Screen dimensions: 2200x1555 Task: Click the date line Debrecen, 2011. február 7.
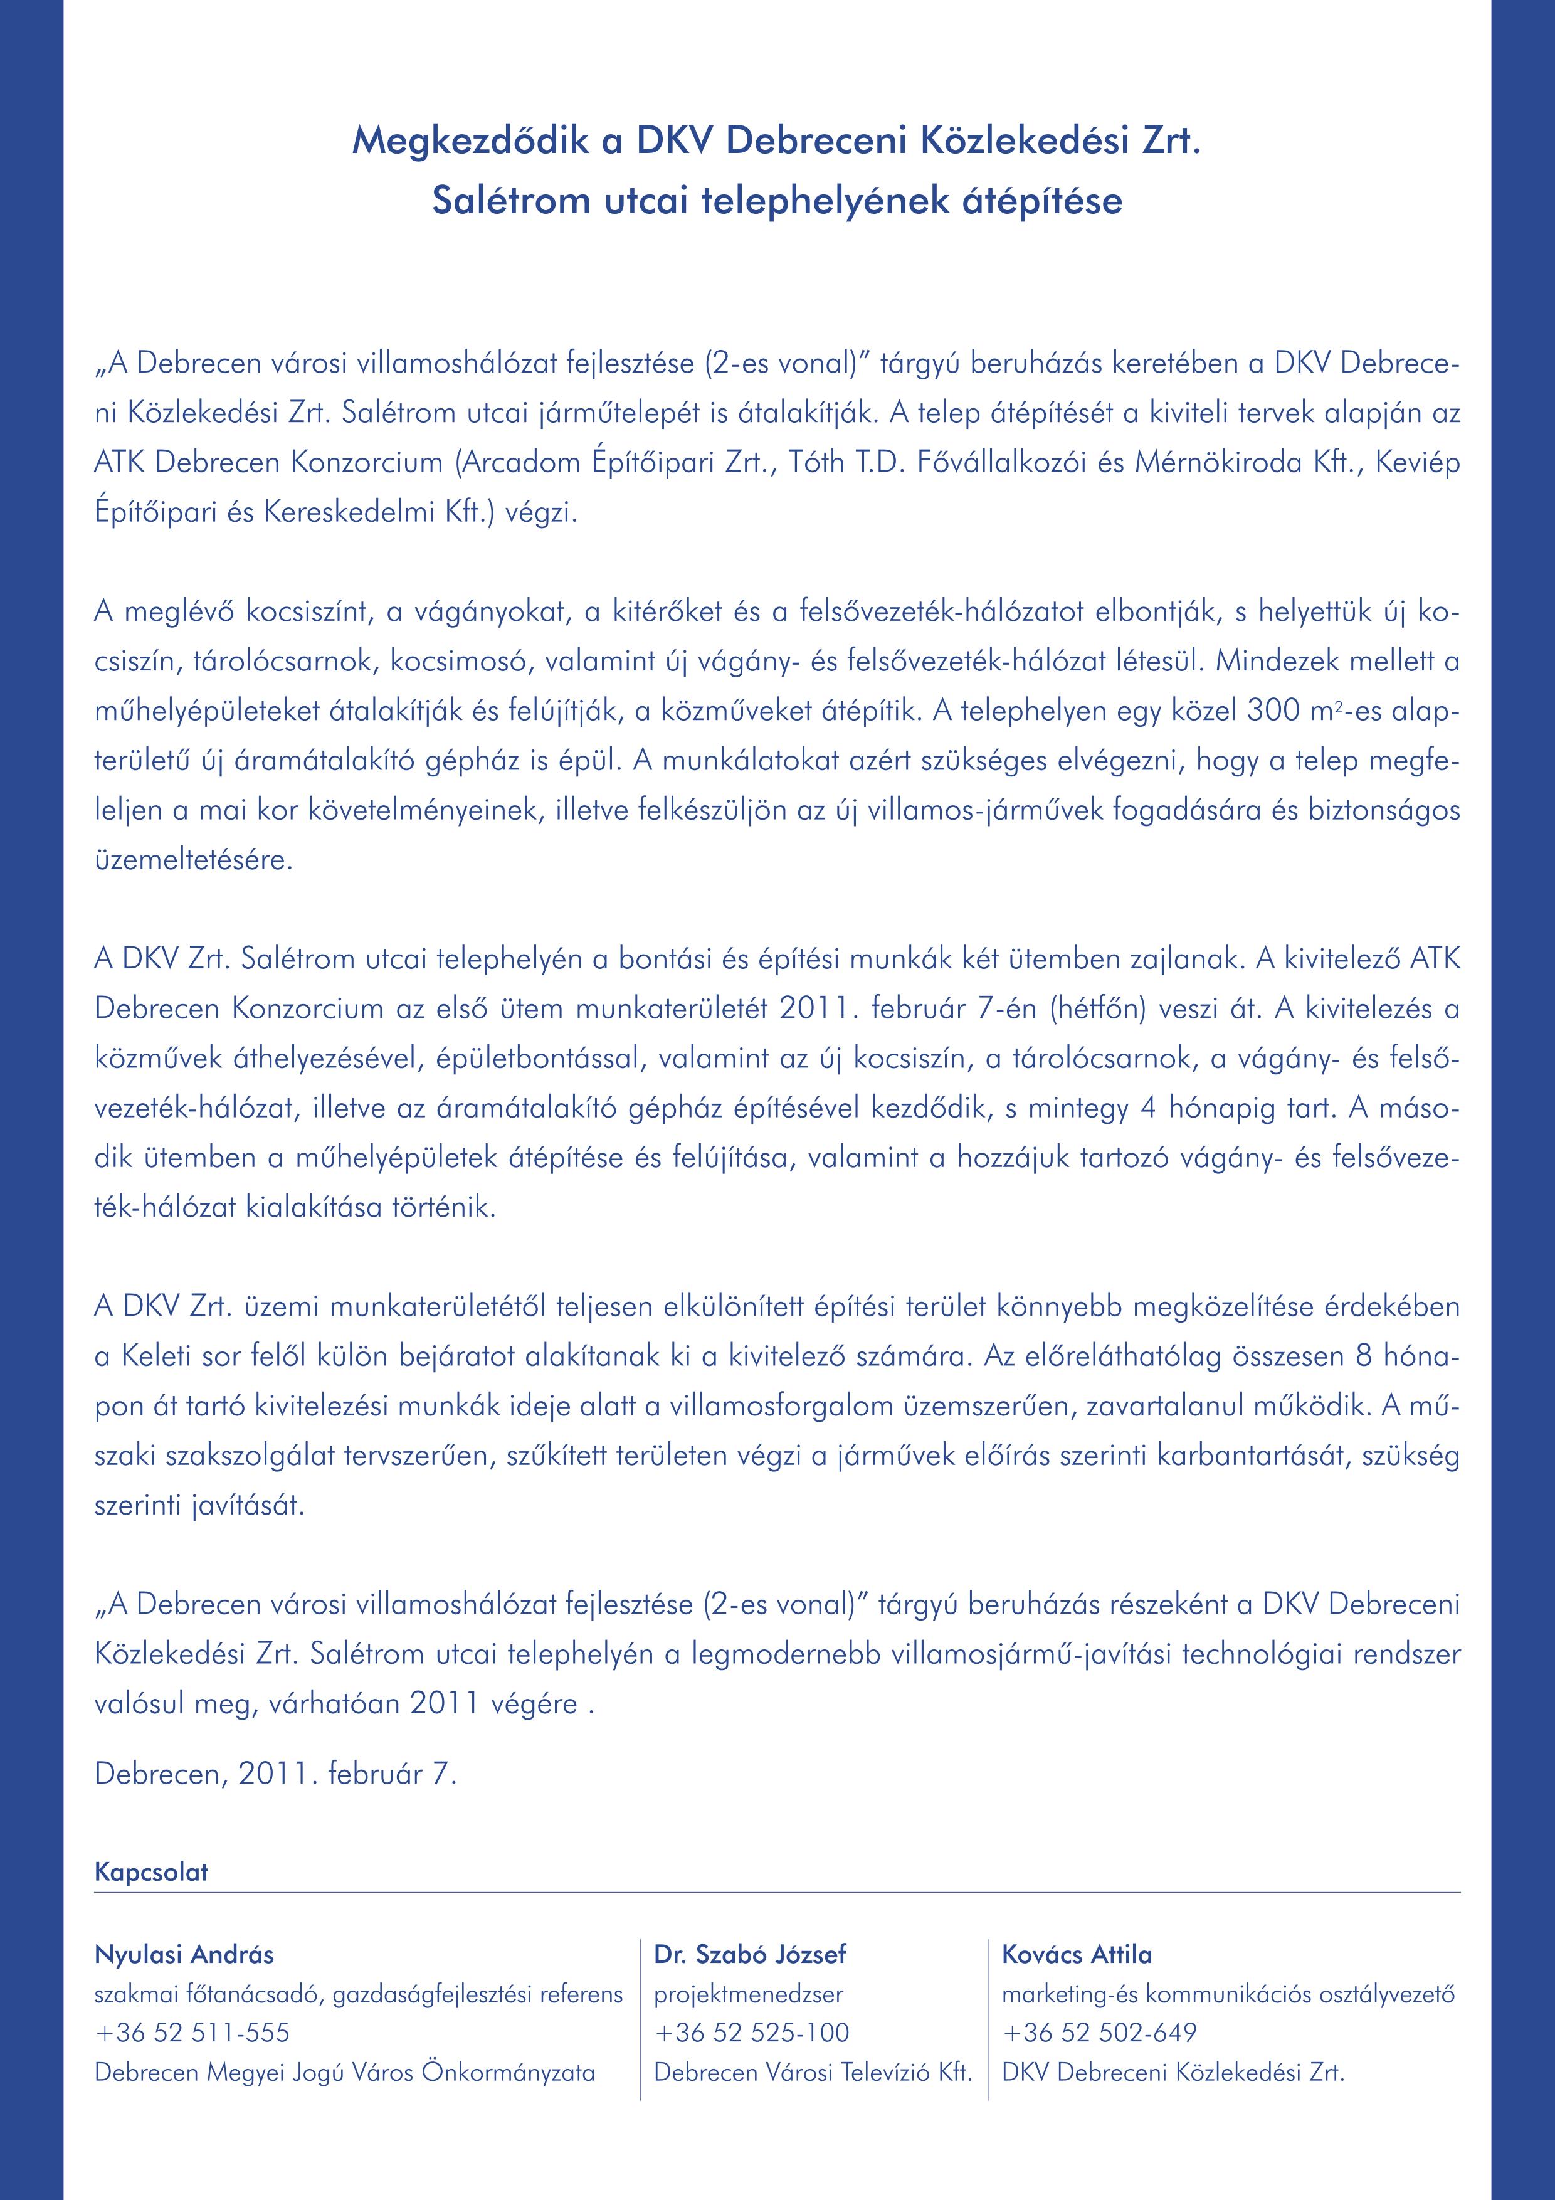pos(276,1774)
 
